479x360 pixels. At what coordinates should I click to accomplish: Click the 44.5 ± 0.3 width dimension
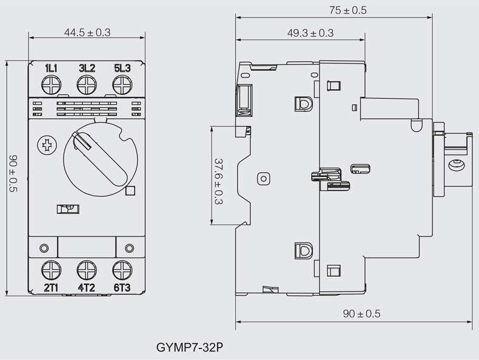pyautogui.click(x=87, y=33)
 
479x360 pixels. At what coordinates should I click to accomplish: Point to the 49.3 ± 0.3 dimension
pyautogui.click(x=310, y=33)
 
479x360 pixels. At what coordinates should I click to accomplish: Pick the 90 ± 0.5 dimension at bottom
pyautogui.click(x=361, y=314)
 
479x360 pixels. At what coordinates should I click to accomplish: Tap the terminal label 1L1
pyautogui.click(x=51, y=68)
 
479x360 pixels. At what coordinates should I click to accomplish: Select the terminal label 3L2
pyautogui.click(x=87, y=68)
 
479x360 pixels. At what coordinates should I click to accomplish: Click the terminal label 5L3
pyautogui.click(x=122, y=68)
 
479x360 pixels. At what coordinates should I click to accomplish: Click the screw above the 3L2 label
pyautogui.click(x=87, y=86)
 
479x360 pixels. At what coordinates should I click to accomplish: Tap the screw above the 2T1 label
pyautogui.click(x=51, y=269)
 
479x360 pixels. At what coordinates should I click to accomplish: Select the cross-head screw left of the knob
pyautogui.click(x=45, y=145)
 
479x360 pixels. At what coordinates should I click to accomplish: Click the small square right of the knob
pyautogui.click(x=129, y=192)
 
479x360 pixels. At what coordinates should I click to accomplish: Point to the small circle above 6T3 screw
pyautogui.click(x=129, y=248)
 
